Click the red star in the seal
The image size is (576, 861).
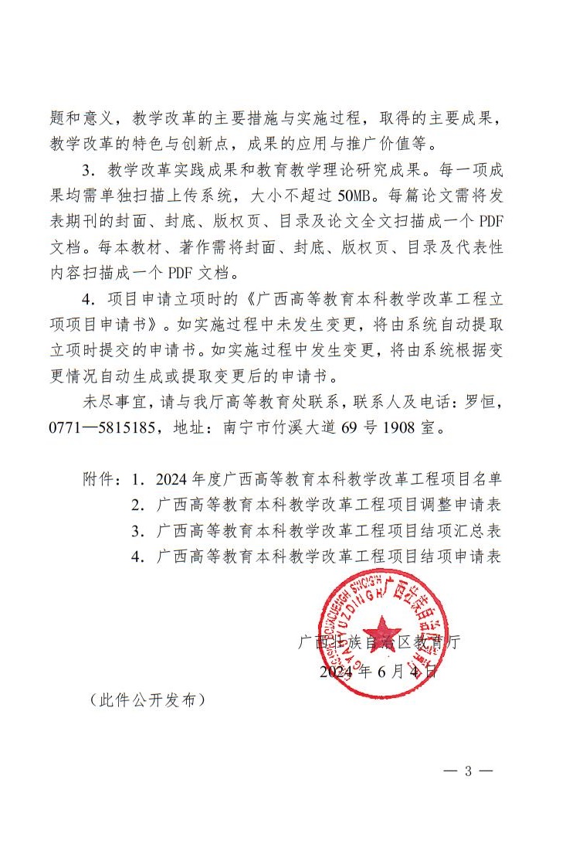click(384, 631)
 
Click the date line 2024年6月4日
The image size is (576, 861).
click(378, 671)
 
